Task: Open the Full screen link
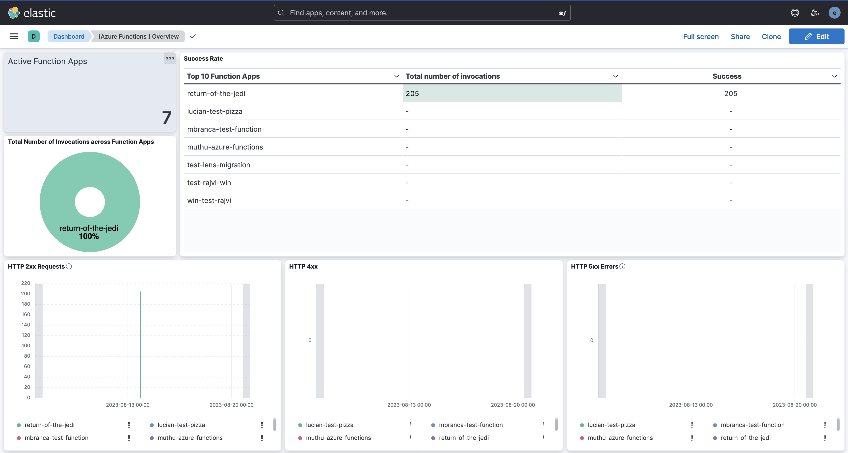coord(701,37)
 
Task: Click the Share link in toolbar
coord(740,37)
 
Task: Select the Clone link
coord(771,37)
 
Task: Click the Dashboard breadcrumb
coord(69,37)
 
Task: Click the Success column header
coord(727,76)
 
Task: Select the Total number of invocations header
coord(453,76)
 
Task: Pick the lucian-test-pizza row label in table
coord(215,112)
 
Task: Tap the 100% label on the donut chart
coord(89,236)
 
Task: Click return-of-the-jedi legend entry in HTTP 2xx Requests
coord(49,425)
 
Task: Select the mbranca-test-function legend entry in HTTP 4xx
coord(470,425)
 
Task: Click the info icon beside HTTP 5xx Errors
coord(622,266)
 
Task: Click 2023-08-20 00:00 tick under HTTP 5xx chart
coord(794,405)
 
